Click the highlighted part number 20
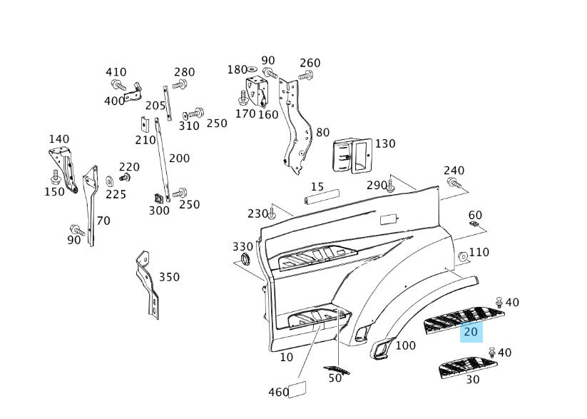(471, 332)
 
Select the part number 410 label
(116, 72)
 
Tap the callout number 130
(385, 143)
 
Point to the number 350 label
(169, 277)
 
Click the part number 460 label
(278, 392)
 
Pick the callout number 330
(243, 247)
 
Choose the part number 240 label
(454, 171)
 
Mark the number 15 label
(317, 187)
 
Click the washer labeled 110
(461, 256)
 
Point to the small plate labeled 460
(295, 388)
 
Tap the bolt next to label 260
(306, 75)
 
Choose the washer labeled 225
(110, 181)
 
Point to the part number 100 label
(405, 346)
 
